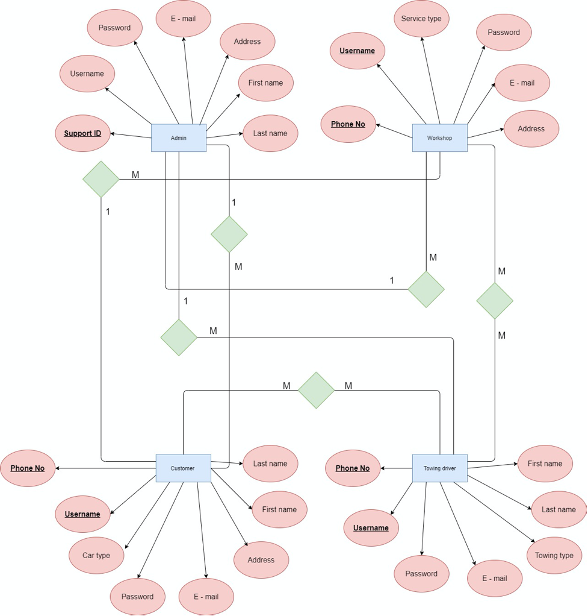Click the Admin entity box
tap(179, 138)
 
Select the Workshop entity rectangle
tap(439, 138)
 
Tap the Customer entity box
tap(183, 468)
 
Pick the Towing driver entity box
tap(439, 468)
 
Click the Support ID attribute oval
tap(83, 133)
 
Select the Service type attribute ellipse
tap(421, 19)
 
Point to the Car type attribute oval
tap(96, 555)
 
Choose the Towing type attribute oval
tap(554, 555)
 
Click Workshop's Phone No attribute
tap(348, 124)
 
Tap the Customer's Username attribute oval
tap(82, 514)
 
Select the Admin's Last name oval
tap(270, 133)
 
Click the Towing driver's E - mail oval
tap(495, 578)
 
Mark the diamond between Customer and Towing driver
tap(316, 390)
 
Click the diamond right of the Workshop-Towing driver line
tap(495, 300)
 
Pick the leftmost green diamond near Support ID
tap(101, 179)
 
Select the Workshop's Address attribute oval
tap(531, 128)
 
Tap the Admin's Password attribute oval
tap(114, 28)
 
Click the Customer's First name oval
tap(279, 509)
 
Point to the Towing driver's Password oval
tap(421, 574)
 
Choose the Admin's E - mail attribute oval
tap(183, 19)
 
